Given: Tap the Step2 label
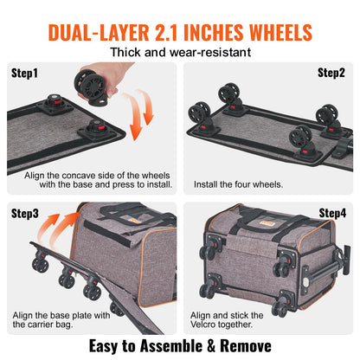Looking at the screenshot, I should pyautogui.click(x=331, y=72).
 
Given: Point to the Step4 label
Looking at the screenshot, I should pyautogui.click(x=331, y=212).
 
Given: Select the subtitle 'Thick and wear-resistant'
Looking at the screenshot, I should pyautogui.click(x=180, y=52).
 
